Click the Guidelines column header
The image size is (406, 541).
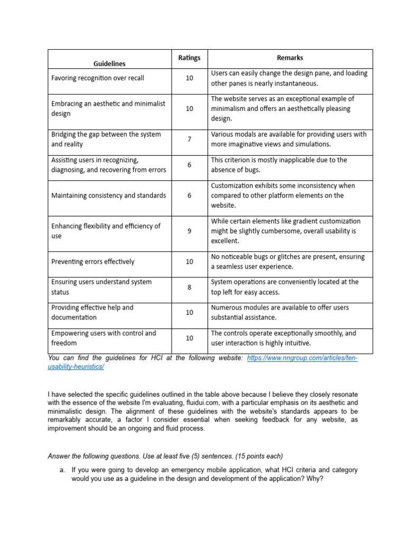pyautogui.click(x=109, y=63)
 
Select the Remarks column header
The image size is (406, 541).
pyautogui.click(x=290, y=58)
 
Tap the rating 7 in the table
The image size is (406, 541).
pyautogui.click(x=189, y=139)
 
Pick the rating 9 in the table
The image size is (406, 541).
pyautogui.click(x=189, y=231)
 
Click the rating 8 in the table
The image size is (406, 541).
pyautogui.click(x=189, y=287)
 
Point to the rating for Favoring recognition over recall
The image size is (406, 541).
pyautogui.click(x=189, y=78)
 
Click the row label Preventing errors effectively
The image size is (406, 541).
pyautogui.click(x=93, y=262)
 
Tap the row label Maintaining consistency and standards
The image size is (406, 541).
pyautogui.click(x=108, y=195)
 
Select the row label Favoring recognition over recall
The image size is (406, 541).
pyautogui.click(x=97, y=78)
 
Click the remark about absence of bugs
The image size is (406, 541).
pyautogui.click(x=279, y=165)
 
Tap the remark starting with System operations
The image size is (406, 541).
pyautogui.click(x=284, y=287)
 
